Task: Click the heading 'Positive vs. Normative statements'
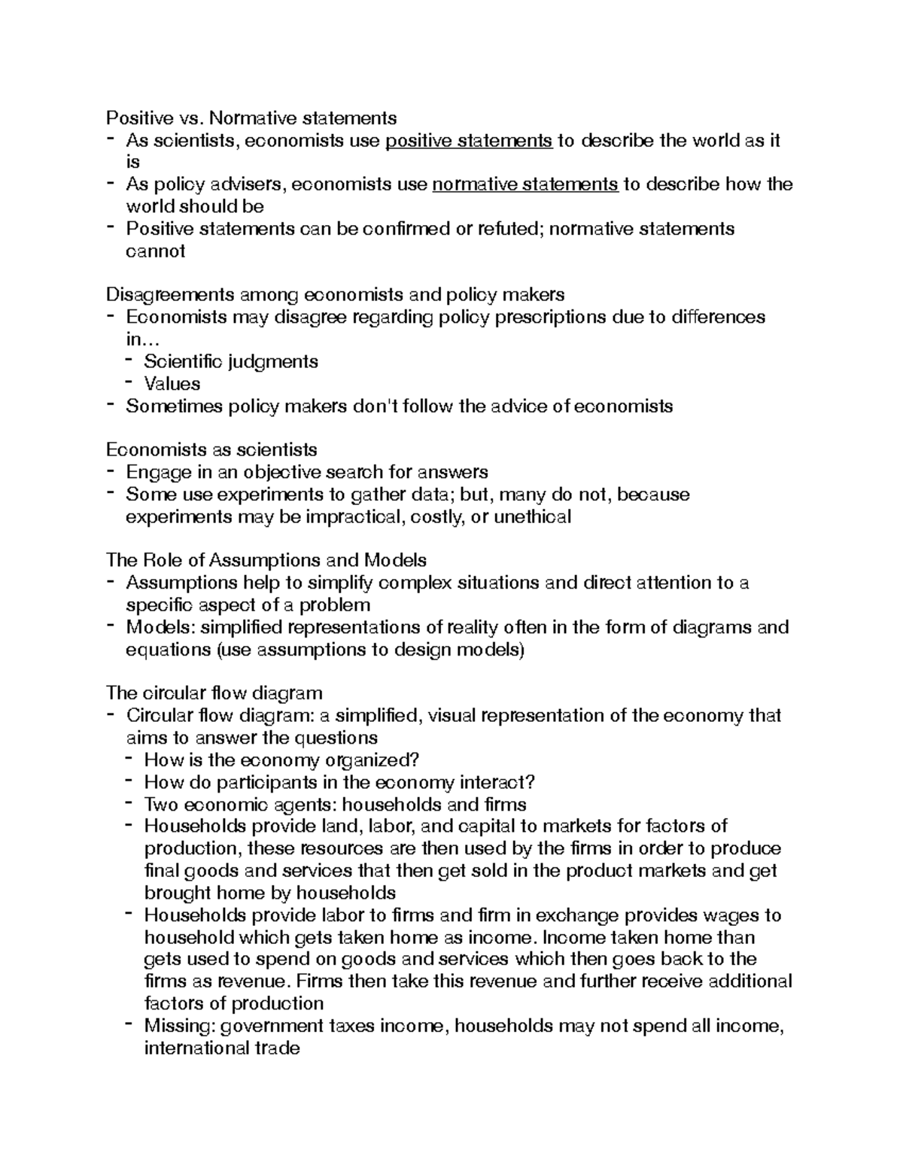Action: click(251, 118)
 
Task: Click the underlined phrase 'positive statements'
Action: click(469, 141)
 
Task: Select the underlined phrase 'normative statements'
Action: click(525, 184)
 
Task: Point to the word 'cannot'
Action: click(155, 251)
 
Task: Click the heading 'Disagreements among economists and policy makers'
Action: click(335, 294)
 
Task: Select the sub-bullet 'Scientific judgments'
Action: click(231, 361)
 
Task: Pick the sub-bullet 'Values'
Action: click(172, 384)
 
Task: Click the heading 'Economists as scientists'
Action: click(211, 450)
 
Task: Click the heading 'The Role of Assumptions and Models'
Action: click(266, 561)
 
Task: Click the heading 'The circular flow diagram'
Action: click(214, 693)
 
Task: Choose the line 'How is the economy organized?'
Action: click(281, 760)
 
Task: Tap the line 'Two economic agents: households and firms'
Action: click(335, 805)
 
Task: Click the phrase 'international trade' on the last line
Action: click(221, 1048)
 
